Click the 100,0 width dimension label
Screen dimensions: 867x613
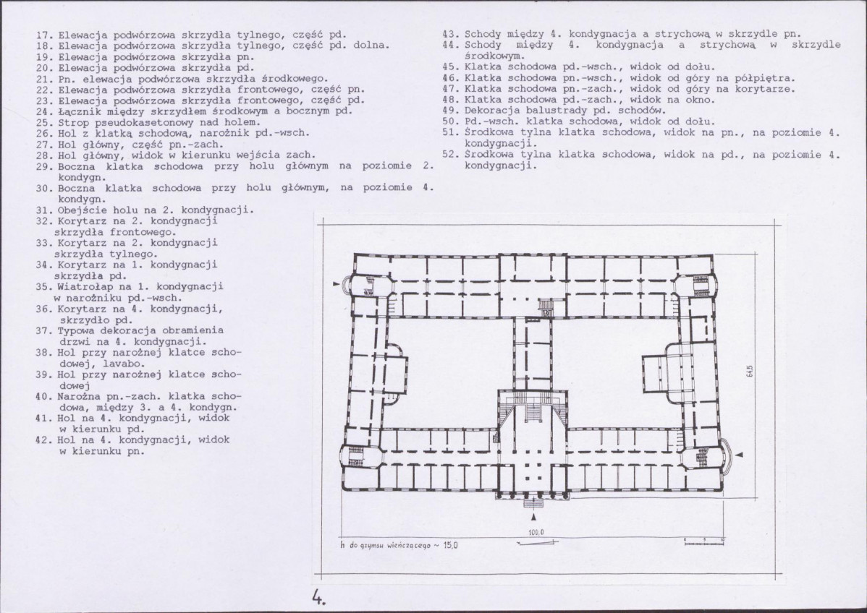(536, 532)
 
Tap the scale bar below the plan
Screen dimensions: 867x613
(704, 541)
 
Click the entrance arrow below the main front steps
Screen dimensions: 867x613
(533, 517)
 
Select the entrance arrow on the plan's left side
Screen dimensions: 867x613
(336, 283)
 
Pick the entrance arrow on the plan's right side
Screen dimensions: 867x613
(741, 454)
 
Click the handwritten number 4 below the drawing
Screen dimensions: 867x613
(318, 598)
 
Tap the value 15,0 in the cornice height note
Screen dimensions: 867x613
(450, 545)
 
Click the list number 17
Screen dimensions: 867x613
(44, 35)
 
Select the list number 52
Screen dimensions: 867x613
(451, 155)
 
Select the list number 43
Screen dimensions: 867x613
(451, 34)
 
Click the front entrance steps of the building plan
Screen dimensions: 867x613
(533, 502)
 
